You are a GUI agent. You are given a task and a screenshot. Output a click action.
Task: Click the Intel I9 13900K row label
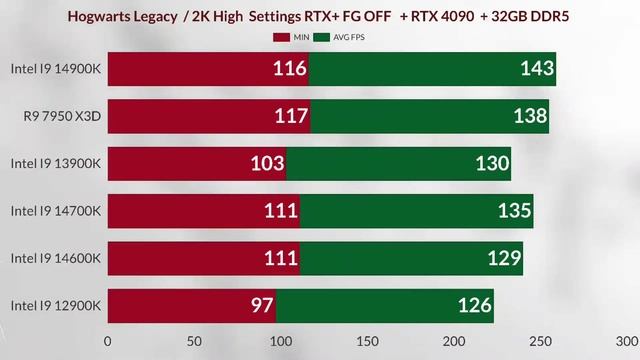click(x=56, y=164)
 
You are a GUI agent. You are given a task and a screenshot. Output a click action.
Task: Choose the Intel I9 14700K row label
click(x=56, y=211)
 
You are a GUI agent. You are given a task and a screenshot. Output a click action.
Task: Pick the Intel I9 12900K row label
click(x=56, y=306)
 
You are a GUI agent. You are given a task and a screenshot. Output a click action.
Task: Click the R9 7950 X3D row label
click(x=63, y=117)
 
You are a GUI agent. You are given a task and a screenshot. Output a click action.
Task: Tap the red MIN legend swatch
click(x=280, y=37)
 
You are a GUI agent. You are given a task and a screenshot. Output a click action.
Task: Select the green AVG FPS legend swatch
click(x=322, y=37)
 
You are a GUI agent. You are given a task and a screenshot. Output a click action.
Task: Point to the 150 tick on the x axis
click(x=367, y=340)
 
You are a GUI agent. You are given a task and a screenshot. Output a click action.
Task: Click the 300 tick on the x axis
click(x=626, y=340)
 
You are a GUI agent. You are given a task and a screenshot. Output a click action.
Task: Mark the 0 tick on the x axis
click(x=108, y=340)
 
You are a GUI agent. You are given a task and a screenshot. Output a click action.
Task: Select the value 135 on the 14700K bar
click(x=514, y=211)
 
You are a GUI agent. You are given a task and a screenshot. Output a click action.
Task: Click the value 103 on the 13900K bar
click(x=267, y=164)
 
